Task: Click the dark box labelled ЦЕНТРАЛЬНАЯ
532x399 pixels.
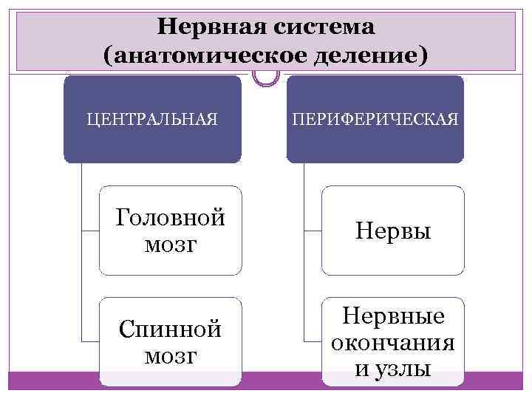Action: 152,119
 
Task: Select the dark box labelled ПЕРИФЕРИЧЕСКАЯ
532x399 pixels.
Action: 375,119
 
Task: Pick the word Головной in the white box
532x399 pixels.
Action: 170,219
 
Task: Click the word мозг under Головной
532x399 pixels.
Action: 171,245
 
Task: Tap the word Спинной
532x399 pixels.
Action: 171,330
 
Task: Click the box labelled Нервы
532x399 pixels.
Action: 392,231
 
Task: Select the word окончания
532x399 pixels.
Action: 392,343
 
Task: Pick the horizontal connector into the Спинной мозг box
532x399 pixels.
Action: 90,341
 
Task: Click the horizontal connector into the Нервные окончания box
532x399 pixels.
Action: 313,341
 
